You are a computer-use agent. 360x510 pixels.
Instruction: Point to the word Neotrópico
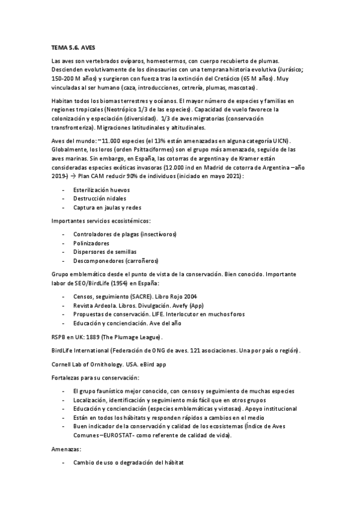(121, 110)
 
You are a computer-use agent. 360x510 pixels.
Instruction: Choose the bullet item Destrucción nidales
(99, 198)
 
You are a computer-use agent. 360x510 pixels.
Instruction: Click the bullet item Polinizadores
(91, 242)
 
